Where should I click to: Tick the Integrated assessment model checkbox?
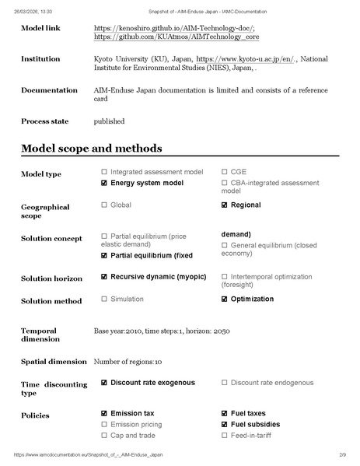[x=104, y=171]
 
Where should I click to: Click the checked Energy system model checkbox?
[x=104, y=183]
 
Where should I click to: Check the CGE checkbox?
[x=225, y=171]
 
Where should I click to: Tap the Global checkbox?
[x=104, y=205]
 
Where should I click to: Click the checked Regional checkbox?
[x=225, y=205]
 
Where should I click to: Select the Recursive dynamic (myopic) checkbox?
[x=104, y=276]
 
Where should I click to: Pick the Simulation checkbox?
[x=104, y=299]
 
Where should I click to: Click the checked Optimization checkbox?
[x=225, y=299]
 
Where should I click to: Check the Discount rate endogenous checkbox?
[x=225, y=382]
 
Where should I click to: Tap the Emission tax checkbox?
[x=104, y=413]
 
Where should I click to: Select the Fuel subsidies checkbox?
[x=225, y=424]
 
